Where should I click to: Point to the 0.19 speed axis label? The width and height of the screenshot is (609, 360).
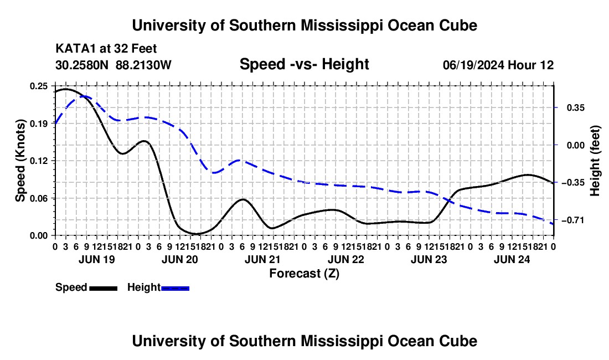click(x=38, y=124)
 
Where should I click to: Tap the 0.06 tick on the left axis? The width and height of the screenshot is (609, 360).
click(x=38, y=198)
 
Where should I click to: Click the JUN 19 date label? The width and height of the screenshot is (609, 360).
click(x=97, y=259)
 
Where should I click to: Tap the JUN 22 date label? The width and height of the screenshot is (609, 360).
click(x=346, y=259)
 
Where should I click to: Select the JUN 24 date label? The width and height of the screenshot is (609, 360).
click(x=512, y=259)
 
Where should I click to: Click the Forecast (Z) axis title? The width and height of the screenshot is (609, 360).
click(x=304, y=274)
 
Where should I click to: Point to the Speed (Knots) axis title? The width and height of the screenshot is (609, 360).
click(x=20, y=161)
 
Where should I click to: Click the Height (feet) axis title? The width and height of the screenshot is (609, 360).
click(x=595, y=161)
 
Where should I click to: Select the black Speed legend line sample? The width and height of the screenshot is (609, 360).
click(x=104, y=289)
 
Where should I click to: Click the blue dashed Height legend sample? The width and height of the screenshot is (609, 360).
click(x=175, y=289)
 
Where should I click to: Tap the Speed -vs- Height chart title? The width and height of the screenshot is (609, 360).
click(x=304, y=64)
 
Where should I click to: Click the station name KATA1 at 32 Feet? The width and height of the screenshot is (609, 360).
click(x=106, y=49)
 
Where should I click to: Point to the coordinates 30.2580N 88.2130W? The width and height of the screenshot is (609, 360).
click(x=113, y=65)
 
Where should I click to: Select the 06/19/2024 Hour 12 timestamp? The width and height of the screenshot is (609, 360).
click(x=498, y=65)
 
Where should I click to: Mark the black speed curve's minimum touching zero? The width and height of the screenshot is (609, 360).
click(x=197, y=234)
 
